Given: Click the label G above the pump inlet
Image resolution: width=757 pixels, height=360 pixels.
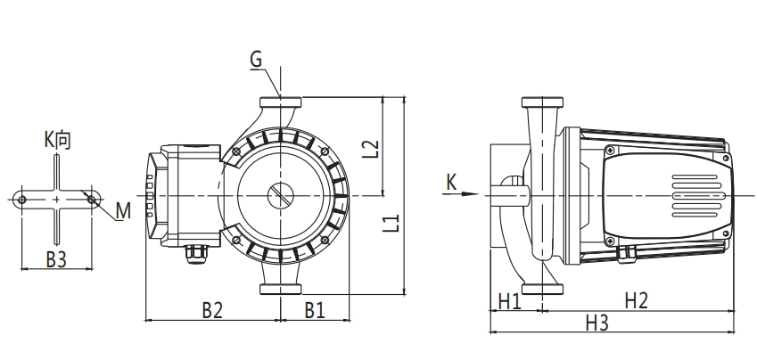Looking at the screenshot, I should [256, 61].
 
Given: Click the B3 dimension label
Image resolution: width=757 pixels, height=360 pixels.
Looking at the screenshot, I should [57, 258].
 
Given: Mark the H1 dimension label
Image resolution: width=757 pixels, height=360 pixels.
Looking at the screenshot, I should [509, 301].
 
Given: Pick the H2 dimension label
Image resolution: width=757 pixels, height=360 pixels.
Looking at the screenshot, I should [635, 301].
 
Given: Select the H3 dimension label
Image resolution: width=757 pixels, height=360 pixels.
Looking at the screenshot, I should [597, 323].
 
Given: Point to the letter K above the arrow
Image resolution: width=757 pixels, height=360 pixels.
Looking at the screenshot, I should [451, 182].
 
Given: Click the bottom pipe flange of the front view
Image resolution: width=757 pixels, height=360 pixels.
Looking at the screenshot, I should [282, 287].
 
